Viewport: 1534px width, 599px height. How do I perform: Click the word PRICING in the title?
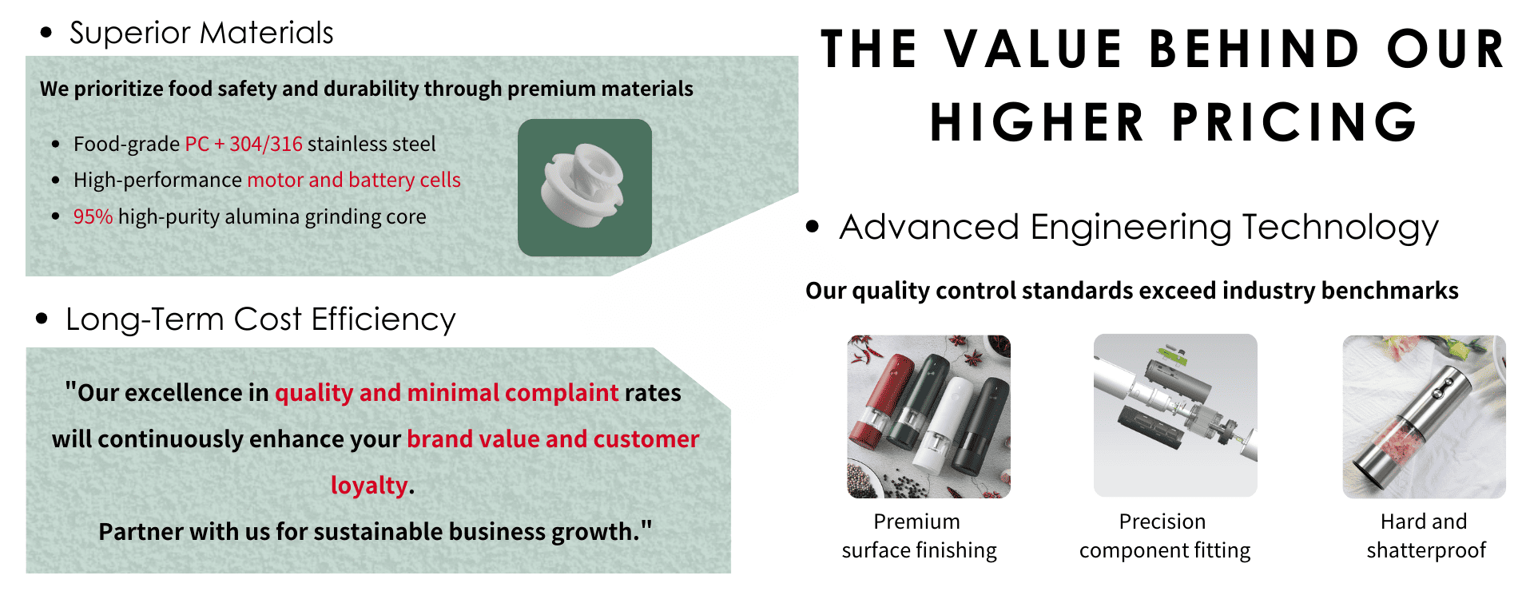click(1295, 122)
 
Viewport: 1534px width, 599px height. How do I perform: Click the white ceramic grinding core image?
click(584, 188)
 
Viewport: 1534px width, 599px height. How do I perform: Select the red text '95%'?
click(93, 216)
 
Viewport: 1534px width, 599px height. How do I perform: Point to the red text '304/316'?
click(266, 144)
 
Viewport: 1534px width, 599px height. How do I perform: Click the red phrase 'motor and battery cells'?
click(354, 180)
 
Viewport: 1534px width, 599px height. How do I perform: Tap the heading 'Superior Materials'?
click(201, 33)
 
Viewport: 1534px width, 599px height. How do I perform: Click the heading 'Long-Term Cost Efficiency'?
click(260, 319)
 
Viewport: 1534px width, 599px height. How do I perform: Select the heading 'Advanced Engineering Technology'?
click(1139, 228)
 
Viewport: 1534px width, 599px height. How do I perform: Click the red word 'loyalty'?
click(369, 485)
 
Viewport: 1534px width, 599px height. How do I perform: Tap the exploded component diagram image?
click(1175, 415)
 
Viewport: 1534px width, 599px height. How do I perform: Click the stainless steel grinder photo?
click(1425, 416)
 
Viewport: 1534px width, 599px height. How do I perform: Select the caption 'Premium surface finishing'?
click(919, 536)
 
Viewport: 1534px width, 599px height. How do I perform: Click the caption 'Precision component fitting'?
click(1165, 536)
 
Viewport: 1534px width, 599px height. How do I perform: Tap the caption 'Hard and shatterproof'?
click(1426, 536)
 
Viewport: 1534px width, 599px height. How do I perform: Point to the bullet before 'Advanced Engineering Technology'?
click(813, 227)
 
